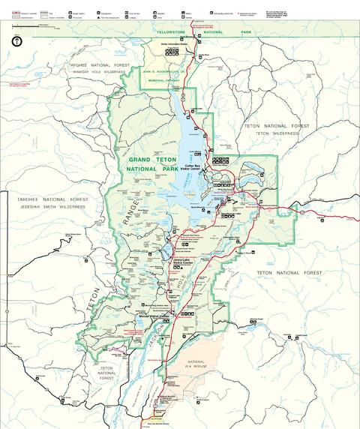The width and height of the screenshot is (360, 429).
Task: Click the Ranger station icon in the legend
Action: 73,13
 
